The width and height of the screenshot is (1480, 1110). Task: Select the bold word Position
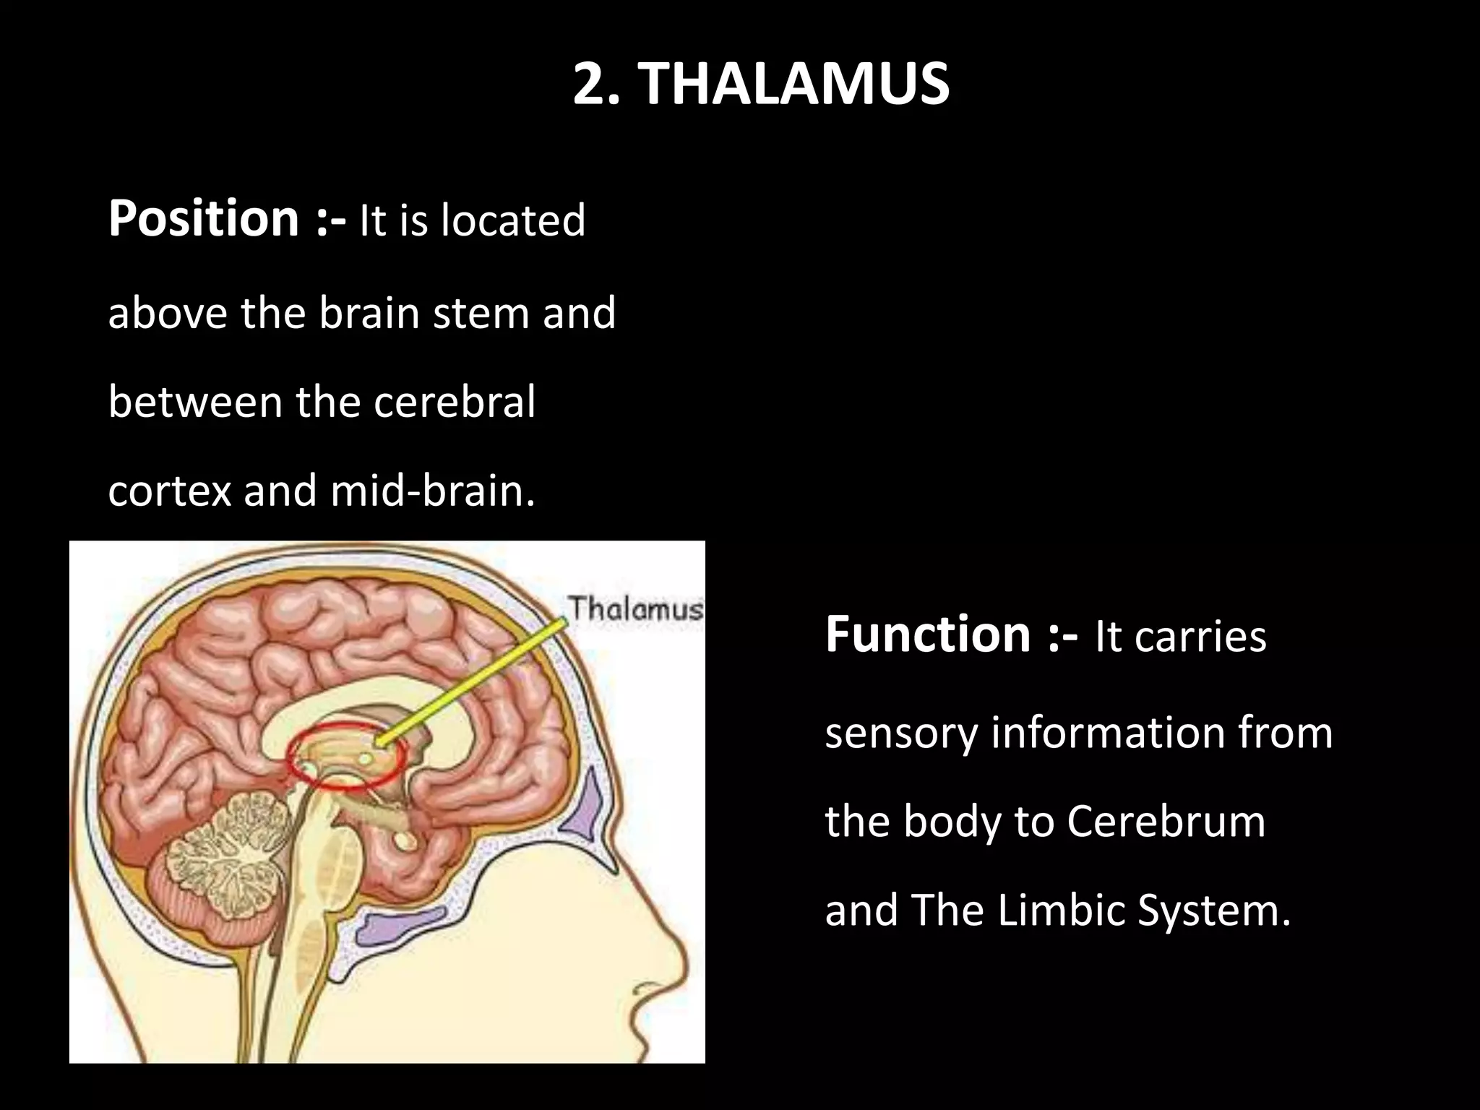click(203, 218)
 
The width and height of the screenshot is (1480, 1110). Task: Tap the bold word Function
click(927, 634)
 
